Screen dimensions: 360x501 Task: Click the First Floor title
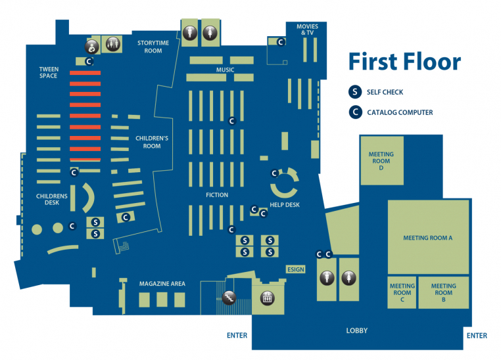tap(404, 62)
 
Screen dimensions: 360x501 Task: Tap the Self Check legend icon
tap(356, 92)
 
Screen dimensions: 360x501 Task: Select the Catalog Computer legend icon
tap(356, 112)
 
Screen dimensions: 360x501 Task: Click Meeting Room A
tap(428, 237)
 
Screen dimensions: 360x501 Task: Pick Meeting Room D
tap(381, 161)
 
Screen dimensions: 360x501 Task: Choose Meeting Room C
tap(402, 292)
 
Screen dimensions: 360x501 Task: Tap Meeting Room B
tap(444, 292)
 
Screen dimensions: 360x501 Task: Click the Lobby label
tap(357, 330)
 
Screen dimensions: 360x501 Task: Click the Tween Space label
tap(49, 72)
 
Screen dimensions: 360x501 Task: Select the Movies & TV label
tap(307, 30)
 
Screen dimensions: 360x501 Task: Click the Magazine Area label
tap(162, 284)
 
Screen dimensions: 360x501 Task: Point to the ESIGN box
tap(296, 269)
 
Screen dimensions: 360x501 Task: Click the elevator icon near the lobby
tap(268, 297)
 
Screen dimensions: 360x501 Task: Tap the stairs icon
tap(229, 297)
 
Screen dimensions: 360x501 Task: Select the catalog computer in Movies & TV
tap(281, 42)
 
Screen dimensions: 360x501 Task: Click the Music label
tap(226, 70)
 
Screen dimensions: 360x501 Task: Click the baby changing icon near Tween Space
tap(93, 46)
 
